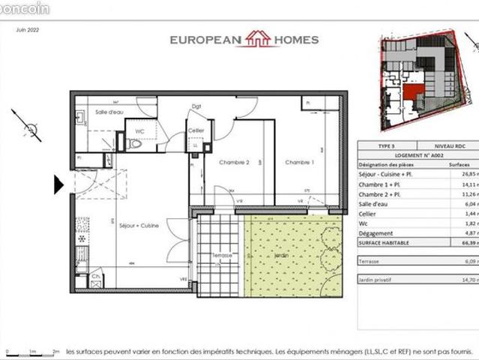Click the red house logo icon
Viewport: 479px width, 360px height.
259,38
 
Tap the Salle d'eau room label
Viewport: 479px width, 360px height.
109,112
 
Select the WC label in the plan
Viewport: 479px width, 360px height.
139,131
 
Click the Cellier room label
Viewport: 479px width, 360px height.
196,130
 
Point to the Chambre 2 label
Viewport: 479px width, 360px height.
234,162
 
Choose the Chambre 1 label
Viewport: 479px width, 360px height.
298,162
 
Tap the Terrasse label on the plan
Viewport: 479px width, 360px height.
222,256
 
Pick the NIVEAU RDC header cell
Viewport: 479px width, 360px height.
450,146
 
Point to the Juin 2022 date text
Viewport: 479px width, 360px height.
27,31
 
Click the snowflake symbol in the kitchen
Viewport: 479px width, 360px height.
82,239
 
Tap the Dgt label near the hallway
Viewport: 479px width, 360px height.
196,106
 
